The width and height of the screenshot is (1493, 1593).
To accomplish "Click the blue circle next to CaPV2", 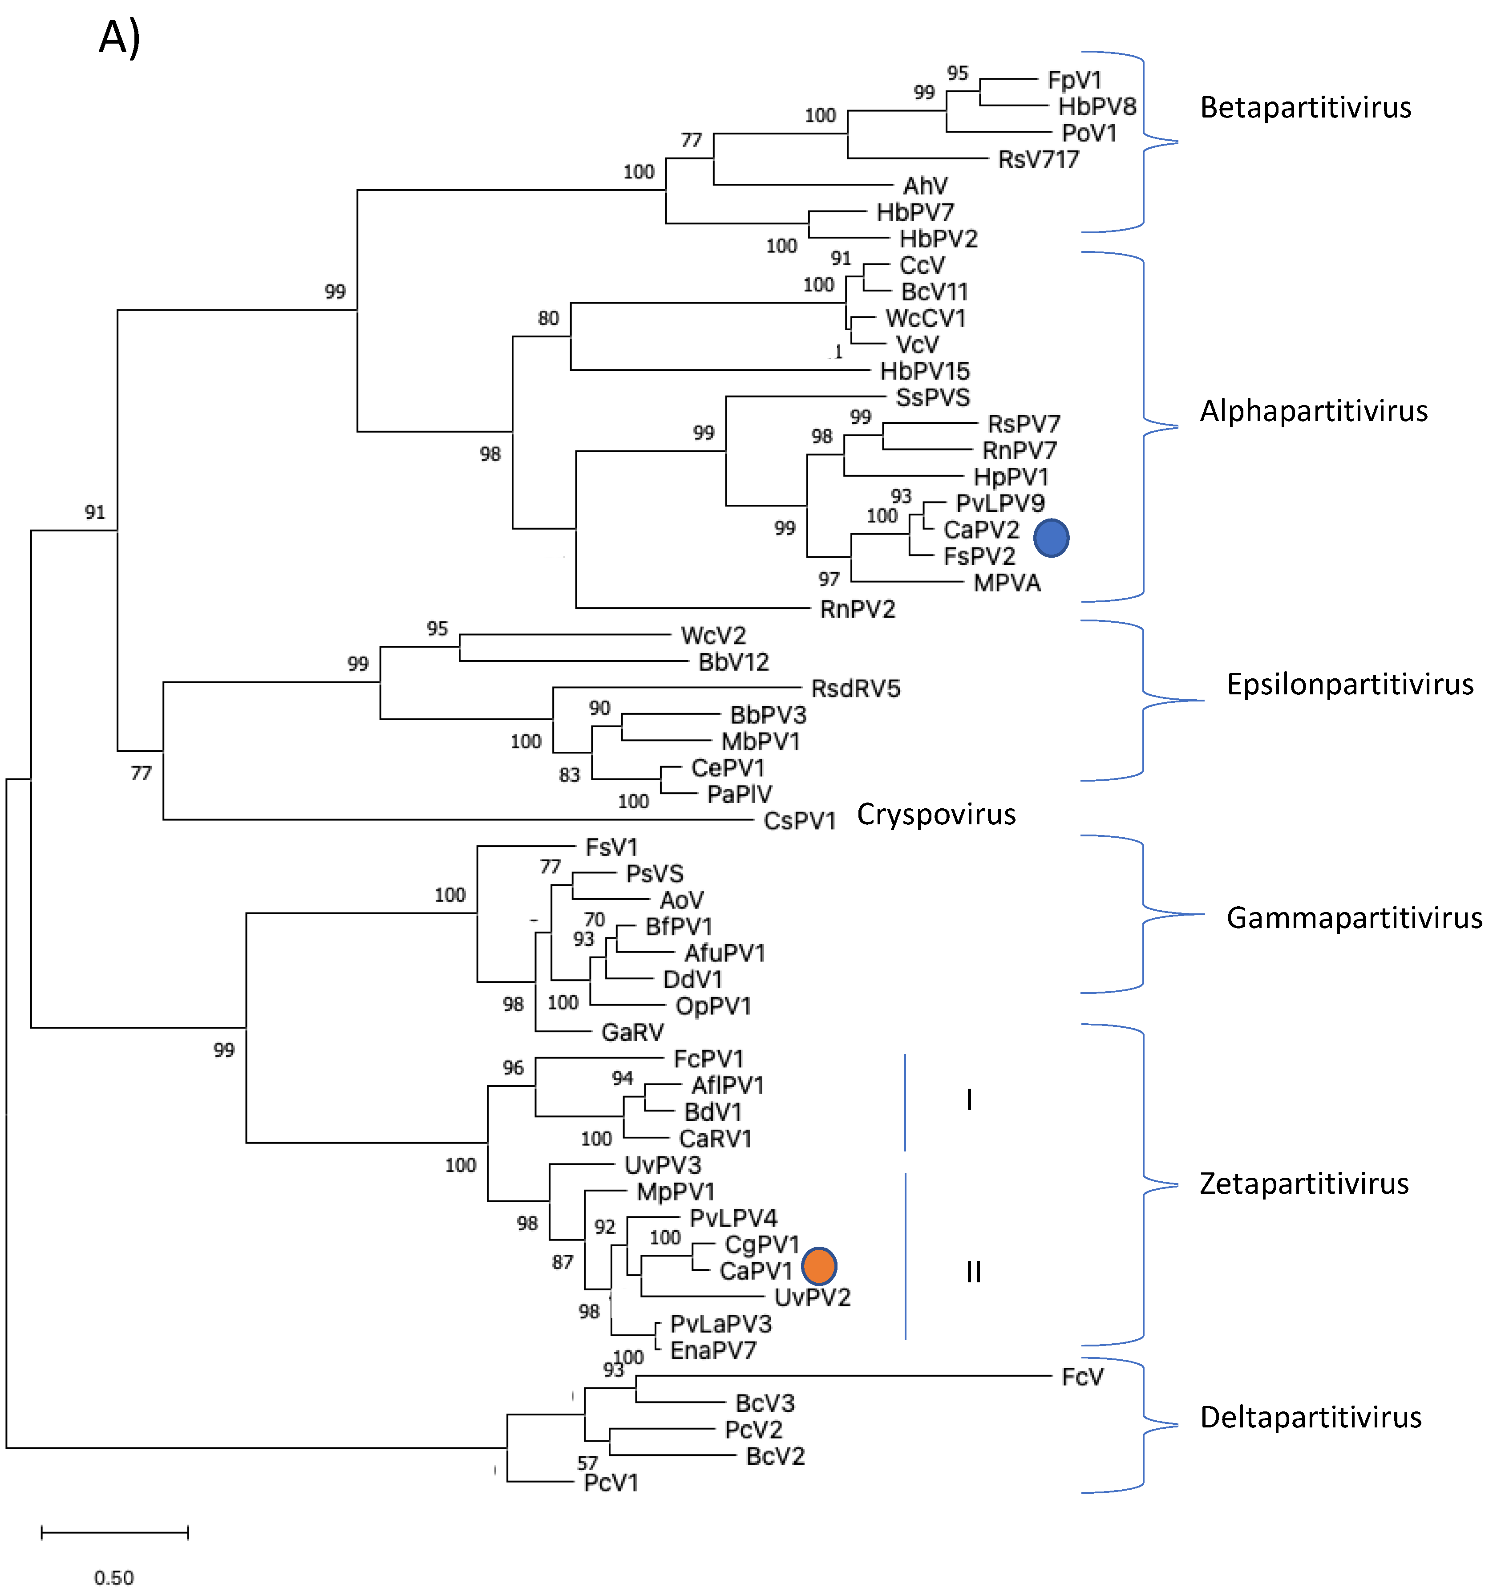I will [1051, 538].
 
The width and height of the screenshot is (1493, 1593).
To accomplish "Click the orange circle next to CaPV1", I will [818, 1265].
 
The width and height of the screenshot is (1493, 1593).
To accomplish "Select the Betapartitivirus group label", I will [1305, 107].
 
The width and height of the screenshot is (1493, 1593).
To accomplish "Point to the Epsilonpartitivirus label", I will [1350, 684].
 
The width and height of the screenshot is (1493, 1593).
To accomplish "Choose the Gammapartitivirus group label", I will [1354, 917].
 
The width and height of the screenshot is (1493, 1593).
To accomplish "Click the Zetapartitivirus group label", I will [1303, 1184].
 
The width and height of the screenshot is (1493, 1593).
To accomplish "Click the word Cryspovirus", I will [935, 814].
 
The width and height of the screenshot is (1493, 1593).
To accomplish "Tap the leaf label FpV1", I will [1074, 80].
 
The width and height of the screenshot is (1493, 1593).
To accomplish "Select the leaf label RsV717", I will [1038, 159].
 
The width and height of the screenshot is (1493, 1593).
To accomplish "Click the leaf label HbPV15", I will [924, 371].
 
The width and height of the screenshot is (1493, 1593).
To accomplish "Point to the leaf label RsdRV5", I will [855, 688].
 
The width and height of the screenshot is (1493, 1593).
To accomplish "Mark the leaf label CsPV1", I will [799, 821].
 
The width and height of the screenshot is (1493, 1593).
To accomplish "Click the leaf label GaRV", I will [632, 1032].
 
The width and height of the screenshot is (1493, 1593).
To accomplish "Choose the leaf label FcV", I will [1082, 1377].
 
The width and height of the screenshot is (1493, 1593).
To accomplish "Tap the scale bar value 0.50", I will [114, 1577].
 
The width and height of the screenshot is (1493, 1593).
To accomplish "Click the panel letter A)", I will [119, 38].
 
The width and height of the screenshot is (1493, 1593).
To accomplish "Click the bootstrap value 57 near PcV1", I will [587, 1463].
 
